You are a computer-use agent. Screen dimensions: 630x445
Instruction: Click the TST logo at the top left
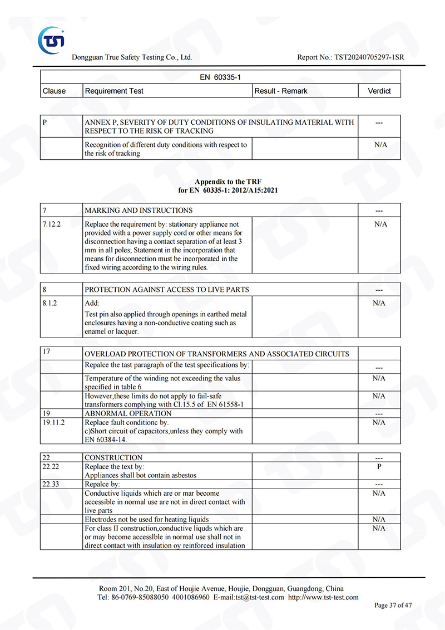point(52,40)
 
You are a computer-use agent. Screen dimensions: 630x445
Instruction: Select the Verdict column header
point(379,91)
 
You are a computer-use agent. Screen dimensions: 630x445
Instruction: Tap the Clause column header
point(54,91)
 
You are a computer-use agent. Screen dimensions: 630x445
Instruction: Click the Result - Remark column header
point(281,91)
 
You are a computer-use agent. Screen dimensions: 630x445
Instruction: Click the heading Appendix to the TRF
point(228,182)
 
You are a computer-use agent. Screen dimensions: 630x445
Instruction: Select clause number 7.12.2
point(52,224)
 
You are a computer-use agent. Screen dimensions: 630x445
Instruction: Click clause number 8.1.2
point(50,303)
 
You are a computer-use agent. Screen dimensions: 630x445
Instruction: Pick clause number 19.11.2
point(53,422)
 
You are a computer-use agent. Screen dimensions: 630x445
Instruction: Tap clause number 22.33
point(51,484)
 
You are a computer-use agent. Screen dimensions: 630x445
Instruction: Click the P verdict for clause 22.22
point(379,467)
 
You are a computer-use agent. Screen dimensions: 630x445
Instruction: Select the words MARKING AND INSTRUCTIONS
point(139,211)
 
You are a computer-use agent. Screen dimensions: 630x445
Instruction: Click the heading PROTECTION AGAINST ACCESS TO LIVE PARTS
point(167,290)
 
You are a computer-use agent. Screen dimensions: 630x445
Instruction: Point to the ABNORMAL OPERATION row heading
point(128,414)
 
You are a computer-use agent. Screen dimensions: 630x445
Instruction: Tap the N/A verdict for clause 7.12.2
point(380,224)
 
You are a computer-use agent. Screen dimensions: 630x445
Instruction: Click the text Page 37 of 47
point(393,605)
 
